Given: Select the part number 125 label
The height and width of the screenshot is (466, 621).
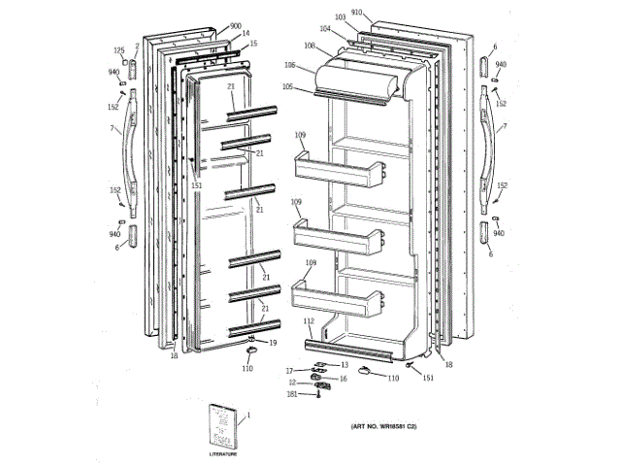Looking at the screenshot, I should (x=119, y=50).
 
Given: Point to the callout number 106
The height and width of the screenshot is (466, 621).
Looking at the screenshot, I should (x=289, y=65).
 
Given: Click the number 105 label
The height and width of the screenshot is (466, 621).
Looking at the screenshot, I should (x=288, y=86).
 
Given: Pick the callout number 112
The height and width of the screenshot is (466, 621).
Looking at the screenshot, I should (x=309, y=321).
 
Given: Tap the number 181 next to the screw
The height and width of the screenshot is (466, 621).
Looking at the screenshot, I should (x=291, y=393).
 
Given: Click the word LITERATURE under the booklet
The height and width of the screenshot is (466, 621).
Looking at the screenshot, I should (x=223, y=453).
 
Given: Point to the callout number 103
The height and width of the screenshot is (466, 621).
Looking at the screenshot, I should (x=340, y=17).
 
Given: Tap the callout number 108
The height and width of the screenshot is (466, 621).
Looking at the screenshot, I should (x=309, y=46).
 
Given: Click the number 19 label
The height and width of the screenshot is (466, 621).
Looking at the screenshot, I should (x=273, y=343).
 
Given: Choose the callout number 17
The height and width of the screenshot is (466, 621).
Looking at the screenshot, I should (x=289, y=371).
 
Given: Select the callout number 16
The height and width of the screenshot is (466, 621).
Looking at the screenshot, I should (x=342, y=379).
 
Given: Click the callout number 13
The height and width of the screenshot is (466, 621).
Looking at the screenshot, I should (x=343, y=365).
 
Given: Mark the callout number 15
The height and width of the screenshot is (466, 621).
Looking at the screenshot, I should (x=253, y=44).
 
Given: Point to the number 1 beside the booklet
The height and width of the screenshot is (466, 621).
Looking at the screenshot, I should (x=247, y=416).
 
